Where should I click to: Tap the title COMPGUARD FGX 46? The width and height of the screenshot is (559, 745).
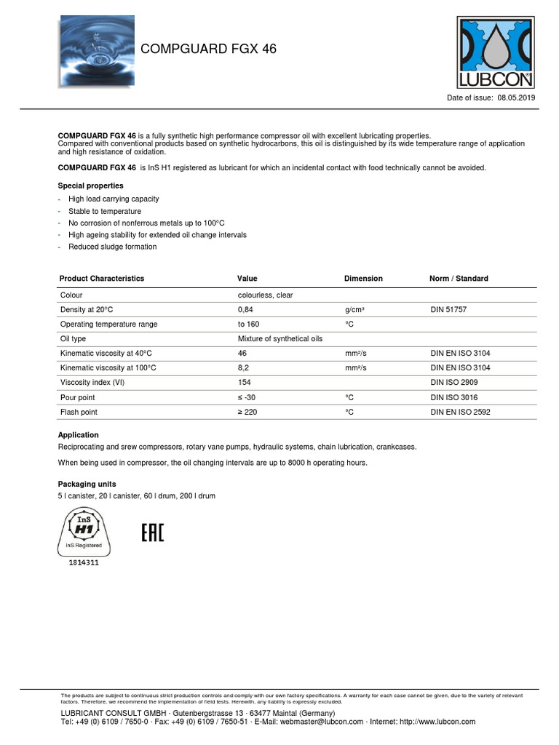point(208,49)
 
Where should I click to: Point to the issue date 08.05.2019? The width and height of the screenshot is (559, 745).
point(515,97)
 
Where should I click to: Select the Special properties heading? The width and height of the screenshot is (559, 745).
point(90,186)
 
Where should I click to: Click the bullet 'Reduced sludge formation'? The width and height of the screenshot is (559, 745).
point(112,247)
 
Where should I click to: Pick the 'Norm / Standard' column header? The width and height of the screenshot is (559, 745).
point(459,279)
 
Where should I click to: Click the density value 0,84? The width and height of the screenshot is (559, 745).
point(245,310)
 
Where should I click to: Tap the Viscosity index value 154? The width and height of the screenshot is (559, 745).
point(245,383)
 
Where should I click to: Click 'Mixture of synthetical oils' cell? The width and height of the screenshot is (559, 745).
point(279,339)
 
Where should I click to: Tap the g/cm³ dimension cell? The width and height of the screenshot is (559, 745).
point(354,310)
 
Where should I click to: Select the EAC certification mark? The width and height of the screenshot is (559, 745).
point(152,533)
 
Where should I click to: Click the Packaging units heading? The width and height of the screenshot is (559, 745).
point(87,484)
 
